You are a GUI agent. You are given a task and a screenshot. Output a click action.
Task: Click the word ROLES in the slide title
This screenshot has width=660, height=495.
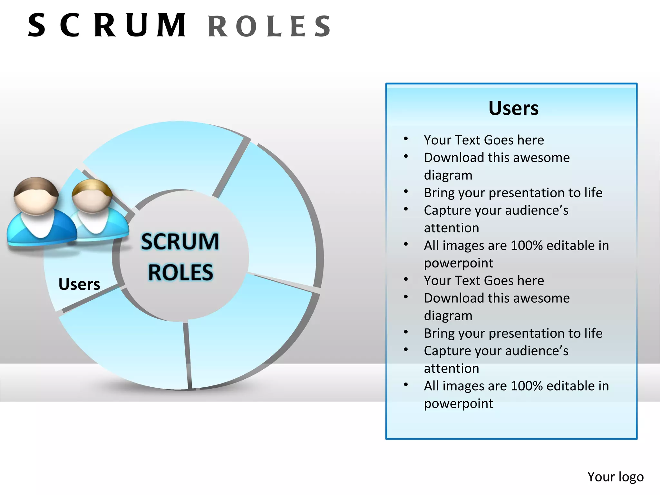pos(269,26)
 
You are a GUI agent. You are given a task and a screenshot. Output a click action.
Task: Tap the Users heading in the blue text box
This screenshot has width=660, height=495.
pos(513,108)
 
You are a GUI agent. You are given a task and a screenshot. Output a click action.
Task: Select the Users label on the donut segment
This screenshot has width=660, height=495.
pos(79,284)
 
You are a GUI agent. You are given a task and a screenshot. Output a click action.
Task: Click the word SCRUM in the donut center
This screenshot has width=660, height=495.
pos(180,242)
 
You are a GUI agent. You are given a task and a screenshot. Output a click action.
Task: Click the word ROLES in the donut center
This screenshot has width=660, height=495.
pos(180,273)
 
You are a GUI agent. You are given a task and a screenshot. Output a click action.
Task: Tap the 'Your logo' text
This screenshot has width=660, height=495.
pos(615,477)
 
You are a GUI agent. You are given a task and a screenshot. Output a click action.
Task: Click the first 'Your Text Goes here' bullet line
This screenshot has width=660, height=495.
pos(484,140)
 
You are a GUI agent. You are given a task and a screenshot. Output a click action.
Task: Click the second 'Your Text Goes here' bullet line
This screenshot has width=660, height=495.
pos(484,280)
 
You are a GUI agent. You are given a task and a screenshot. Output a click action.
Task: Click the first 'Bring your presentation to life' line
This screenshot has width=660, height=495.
pos(513,193)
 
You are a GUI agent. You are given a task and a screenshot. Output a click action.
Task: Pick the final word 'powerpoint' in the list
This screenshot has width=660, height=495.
pos(458,403)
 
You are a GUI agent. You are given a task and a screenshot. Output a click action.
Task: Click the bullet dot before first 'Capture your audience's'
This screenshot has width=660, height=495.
pos(406,209)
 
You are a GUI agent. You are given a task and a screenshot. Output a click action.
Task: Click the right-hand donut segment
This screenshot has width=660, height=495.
pos(274,219)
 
